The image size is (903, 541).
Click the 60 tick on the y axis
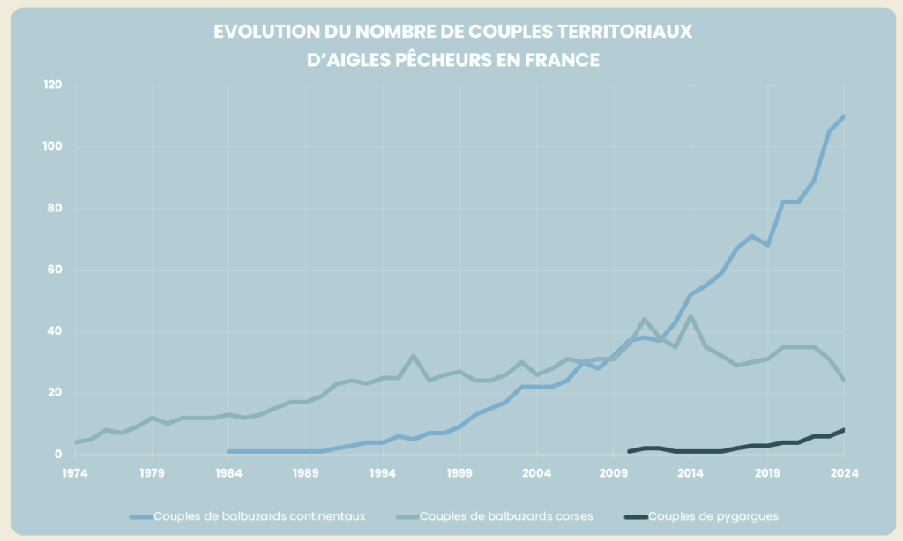point(55,270)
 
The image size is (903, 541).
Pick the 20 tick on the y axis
point(55,393)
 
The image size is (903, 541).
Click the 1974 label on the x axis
point(76,473)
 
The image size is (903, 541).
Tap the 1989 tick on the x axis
point(306,473)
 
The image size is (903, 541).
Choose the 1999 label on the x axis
point(459,473)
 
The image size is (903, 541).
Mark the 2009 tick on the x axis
point(614,473)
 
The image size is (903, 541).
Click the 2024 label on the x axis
point(844,473)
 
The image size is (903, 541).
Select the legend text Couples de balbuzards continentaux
point(259,516)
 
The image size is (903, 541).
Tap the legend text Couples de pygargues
point(713,516)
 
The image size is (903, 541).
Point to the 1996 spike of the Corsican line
point(414,356)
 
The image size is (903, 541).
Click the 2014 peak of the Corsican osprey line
point(690,315)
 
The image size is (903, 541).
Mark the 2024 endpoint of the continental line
point(844,116)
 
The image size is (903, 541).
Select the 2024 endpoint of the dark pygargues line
point(844,430)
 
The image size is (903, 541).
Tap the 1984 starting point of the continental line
point(229,451)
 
